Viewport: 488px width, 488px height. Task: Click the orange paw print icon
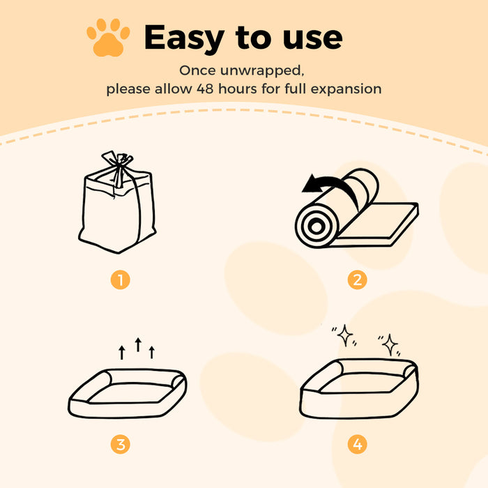coord(108,38)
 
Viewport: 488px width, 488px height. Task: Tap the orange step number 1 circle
coord(121,280)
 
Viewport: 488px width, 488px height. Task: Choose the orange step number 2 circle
coord(358,280)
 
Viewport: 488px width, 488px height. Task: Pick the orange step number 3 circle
coord(121,443)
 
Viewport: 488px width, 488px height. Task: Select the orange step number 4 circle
coord(358,443)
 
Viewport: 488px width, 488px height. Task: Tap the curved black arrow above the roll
coord(328,186)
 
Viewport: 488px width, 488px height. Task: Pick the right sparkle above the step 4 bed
coord(390,344)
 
